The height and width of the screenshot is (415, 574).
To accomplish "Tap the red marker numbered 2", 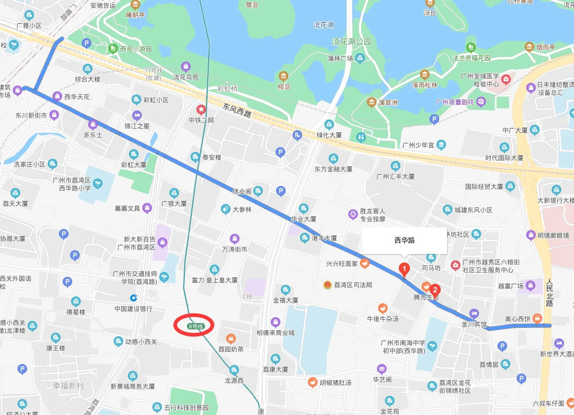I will pyautogui.click(x=435, y=290).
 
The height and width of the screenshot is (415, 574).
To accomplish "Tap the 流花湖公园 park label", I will pyautogui.click(x=352, y=41).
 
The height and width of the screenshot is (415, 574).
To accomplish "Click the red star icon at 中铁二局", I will pyautogui.click(x=201, y=109).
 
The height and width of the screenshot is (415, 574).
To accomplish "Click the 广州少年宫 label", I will pyautogui.click(x=418, y=145).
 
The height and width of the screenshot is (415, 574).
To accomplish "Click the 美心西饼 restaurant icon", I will pyautogui.click(x=537, y=319).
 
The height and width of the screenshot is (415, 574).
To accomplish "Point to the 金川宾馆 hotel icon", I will pyautogui.click(x=474, y=313).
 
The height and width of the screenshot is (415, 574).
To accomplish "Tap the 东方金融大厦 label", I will pyautogui.click(x=333, y=169).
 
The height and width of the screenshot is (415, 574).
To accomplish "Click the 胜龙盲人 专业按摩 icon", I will pyautogui.click(x=352, y=214).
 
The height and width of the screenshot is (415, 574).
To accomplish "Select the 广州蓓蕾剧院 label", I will pyautogui.click(x=455, y=102).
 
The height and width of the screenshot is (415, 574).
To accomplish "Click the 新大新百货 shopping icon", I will pyautogui.click(x=162, y=242).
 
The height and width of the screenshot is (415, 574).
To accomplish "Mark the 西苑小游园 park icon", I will pyautogui.click(x=113, y=49).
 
